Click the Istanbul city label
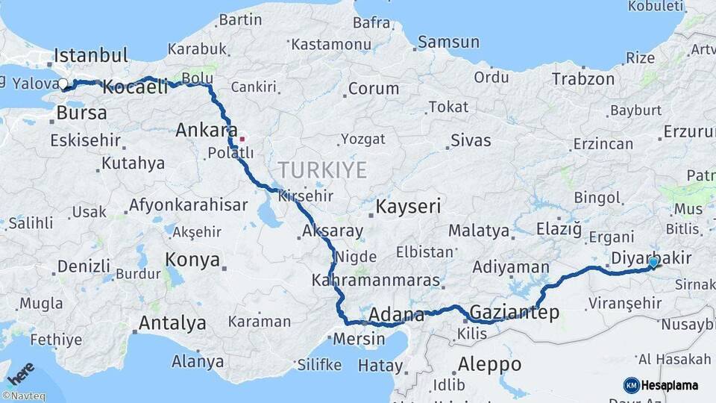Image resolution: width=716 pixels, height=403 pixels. (x=91, y=55)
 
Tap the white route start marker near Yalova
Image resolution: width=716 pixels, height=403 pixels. (x=63, y=85)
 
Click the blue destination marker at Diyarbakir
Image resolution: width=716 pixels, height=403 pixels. (x=653, y=262)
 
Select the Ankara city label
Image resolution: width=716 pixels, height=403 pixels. (x=207, y=131)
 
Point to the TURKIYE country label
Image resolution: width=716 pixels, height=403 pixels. (x=322, y=171)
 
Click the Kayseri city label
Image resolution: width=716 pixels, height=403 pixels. (x=409, y=207)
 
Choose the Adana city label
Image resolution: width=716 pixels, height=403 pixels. (x=397, y=314)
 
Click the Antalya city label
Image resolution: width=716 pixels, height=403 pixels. (x=172, y=323)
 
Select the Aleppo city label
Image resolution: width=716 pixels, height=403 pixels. (x=489, y=364)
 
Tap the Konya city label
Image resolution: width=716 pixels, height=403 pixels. (x=192, y=260)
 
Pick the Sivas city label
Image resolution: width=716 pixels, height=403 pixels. (x=471, y=140)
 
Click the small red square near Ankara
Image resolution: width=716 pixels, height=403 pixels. (x=242, y=138)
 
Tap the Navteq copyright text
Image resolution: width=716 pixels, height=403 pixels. (x=23, y=396)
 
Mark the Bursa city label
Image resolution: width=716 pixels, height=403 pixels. (x=81, y=114)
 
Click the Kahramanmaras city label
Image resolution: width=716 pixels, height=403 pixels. (x=376, y=281)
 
